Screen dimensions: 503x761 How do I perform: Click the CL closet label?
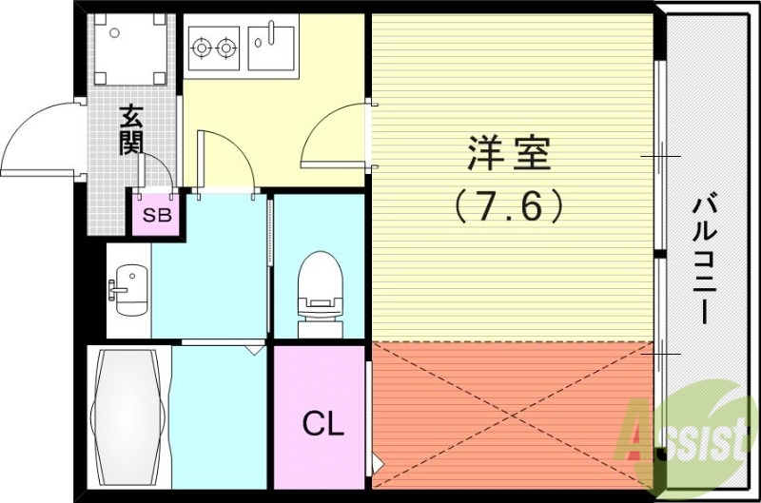click(x=322, y=424)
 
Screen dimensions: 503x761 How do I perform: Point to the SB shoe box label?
click(x=157, y=215)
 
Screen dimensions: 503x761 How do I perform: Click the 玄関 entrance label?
click(x=132, y=128)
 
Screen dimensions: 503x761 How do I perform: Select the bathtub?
click(x=127, y=415)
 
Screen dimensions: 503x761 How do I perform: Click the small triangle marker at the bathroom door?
click(x=253, y=349)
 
